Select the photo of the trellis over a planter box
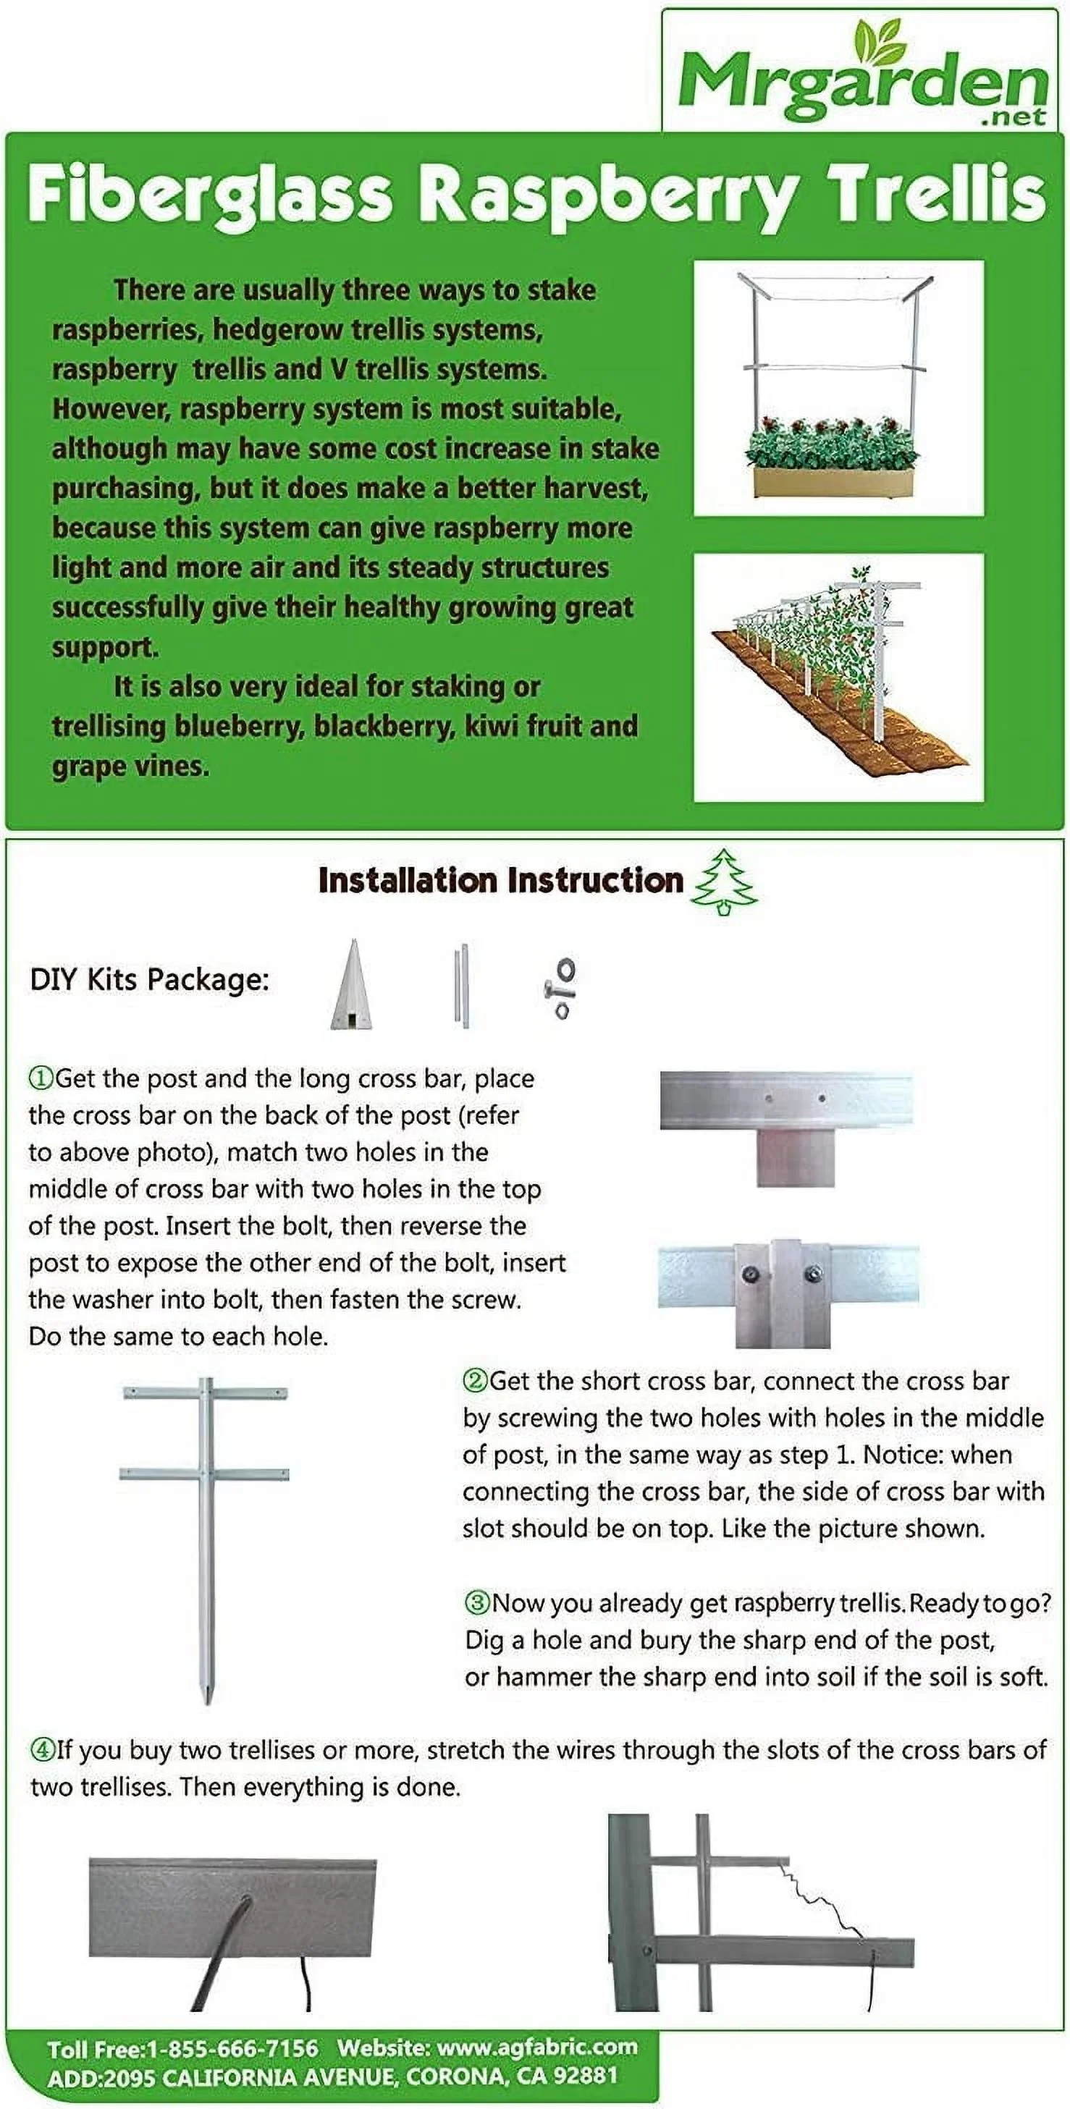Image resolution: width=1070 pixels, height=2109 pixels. pyautogui.click(x=838, y=387)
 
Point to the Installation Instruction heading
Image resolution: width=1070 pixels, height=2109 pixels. pyautogui.click(x=500, y=880)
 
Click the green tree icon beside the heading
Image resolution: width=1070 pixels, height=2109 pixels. pyautogui.click(x=725, y=882)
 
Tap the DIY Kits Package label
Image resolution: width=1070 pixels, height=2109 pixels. pyautogui.click(x=150, y=979)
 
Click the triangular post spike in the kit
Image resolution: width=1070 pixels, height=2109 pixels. pyautogui.click(x=352, y=985)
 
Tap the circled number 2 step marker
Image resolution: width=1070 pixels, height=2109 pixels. pyautogui.click(x=475, y=1381)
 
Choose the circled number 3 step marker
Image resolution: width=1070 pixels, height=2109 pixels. pyautogui.click(x=476, y=1602)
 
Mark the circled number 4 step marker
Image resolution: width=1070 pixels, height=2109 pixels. pyautogui.click(x=42, y=1749)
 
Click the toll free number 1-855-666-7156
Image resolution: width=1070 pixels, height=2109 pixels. pyautogui.click(x=232, y=2049)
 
